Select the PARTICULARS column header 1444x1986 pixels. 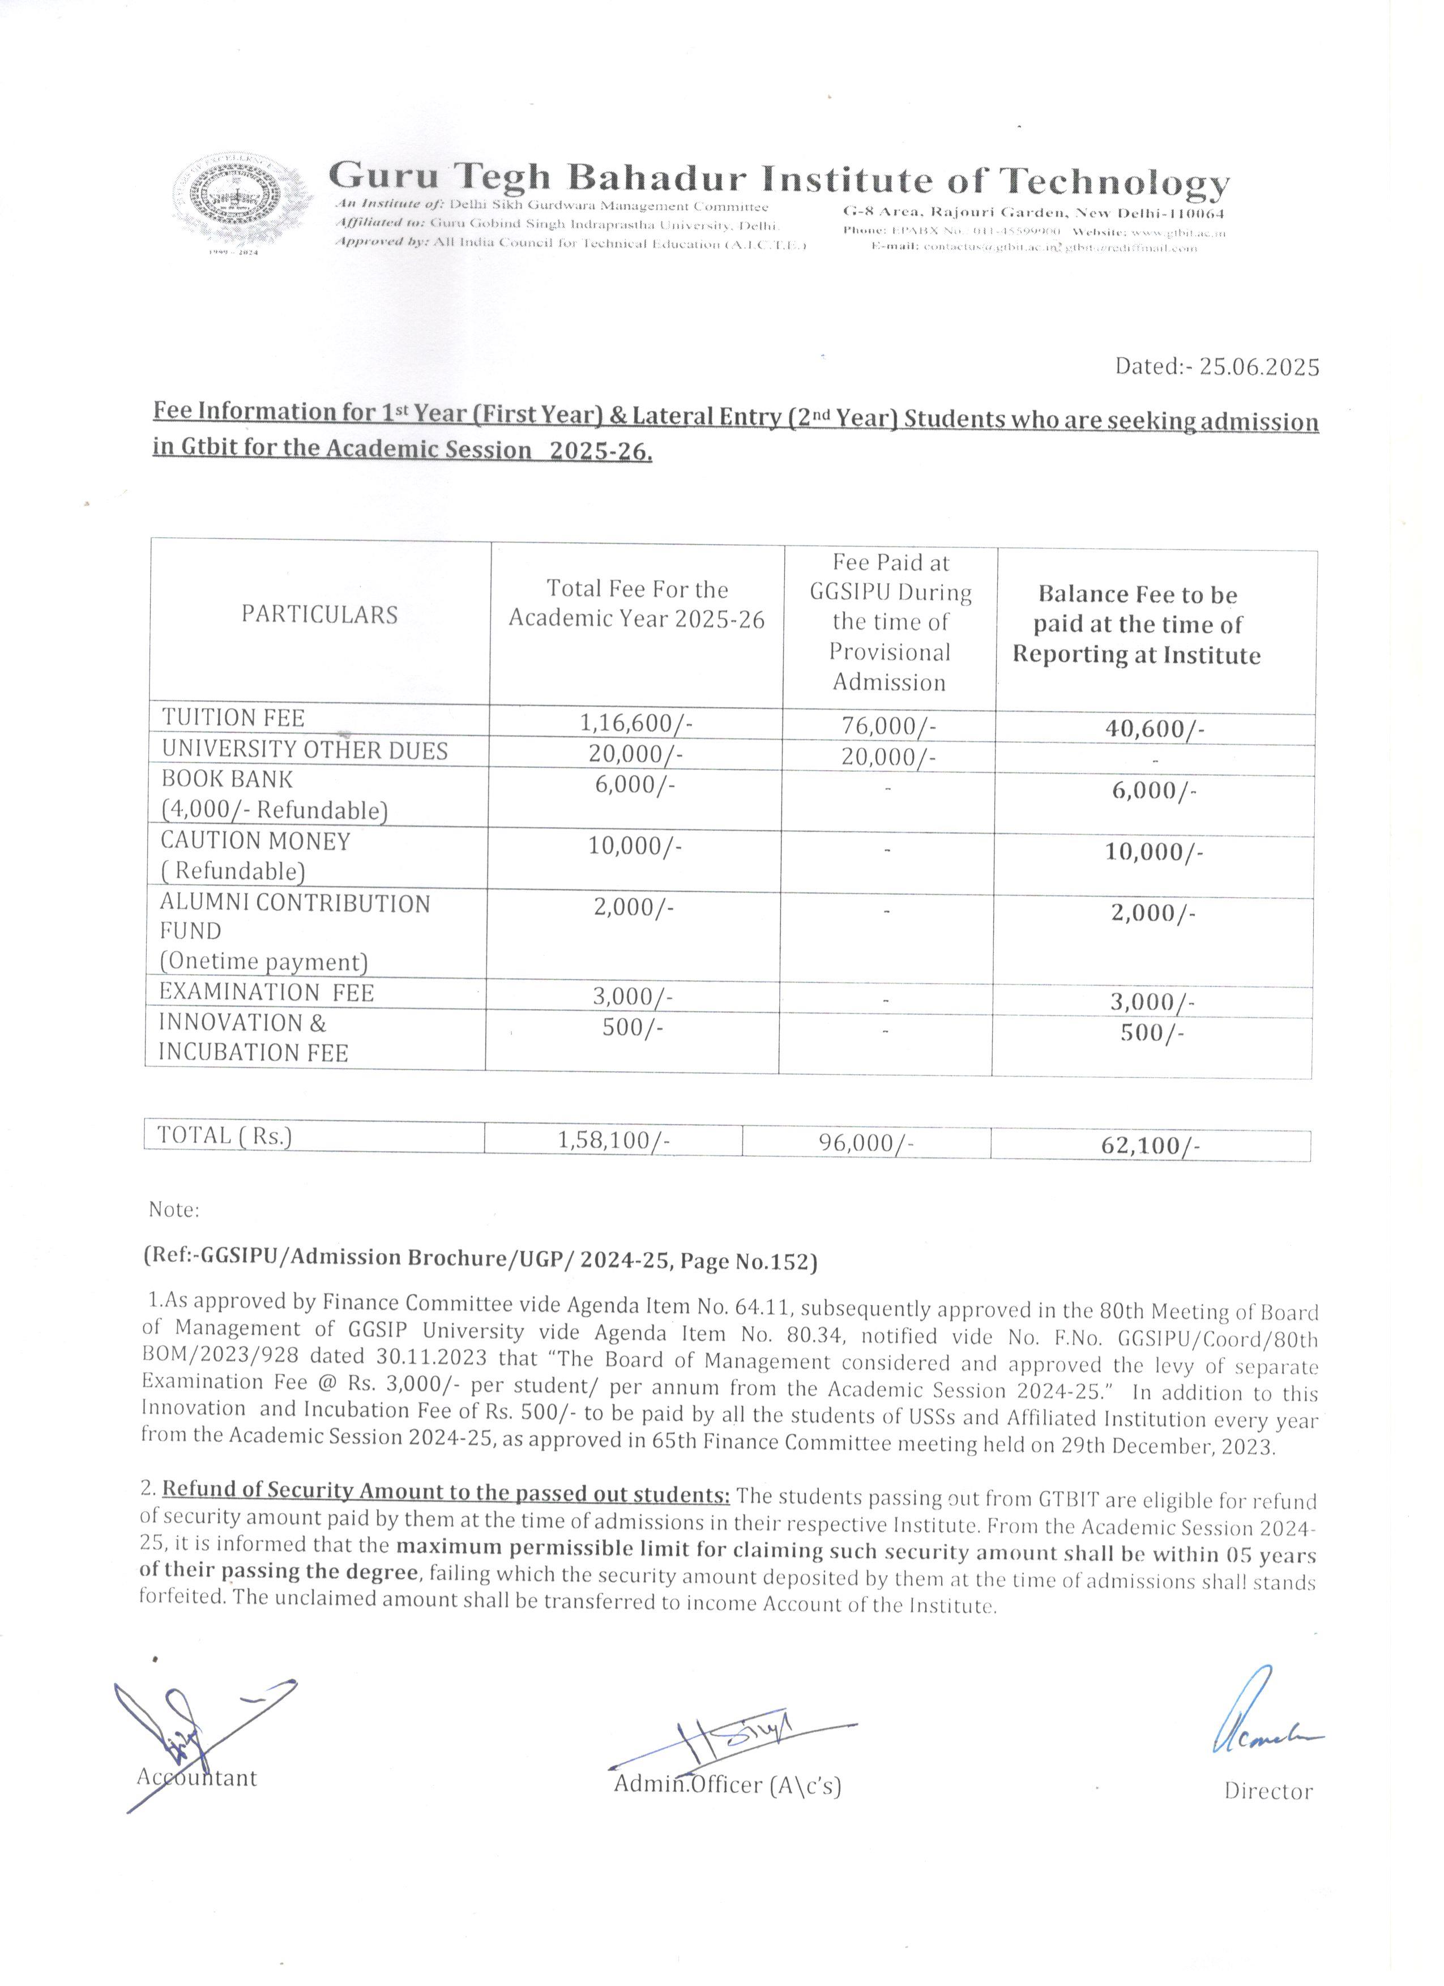click(x=319, y=615)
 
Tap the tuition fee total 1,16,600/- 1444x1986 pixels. click(x=636, y=723)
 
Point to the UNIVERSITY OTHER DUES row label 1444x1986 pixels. click(x=304, y=750)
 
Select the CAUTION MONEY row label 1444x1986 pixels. click(x=255, y=842)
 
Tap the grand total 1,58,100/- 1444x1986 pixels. click(x=614, y=1140)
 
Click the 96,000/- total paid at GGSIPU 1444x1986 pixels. click(x=866, y=1143)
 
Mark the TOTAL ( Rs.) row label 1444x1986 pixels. click(x=224, y=1136)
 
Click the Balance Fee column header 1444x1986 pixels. click(x=1137, y=625)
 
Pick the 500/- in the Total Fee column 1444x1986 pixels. click(x=632, y=1027)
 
